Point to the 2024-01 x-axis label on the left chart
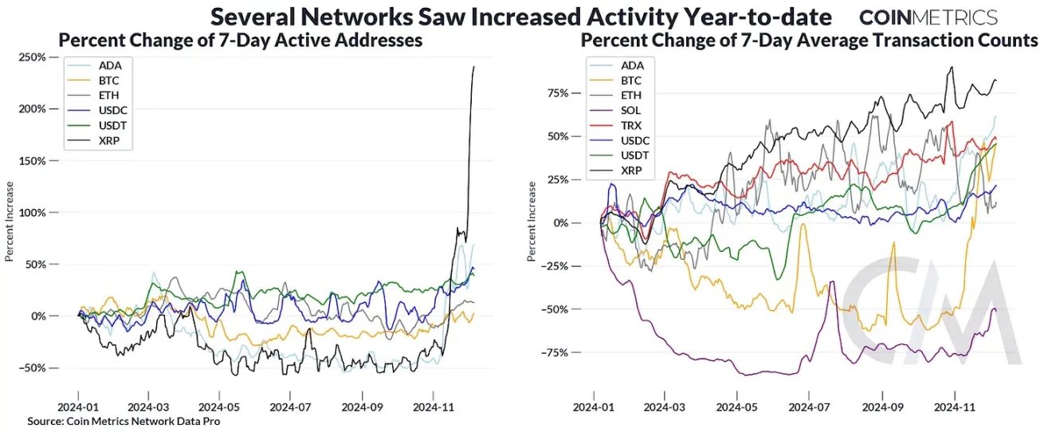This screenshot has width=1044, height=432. point(78,406)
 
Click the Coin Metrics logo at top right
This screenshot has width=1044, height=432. point(928,17)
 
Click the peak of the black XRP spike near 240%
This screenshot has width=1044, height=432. point(474,67)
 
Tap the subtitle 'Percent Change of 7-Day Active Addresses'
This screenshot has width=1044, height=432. point(241,40)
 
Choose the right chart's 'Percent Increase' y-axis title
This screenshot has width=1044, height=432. point(532,222)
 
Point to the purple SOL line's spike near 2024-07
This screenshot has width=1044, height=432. point(833,281)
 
